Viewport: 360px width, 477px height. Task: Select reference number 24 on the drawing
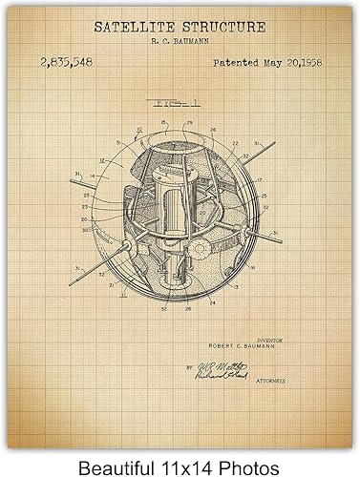[213, 304]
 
